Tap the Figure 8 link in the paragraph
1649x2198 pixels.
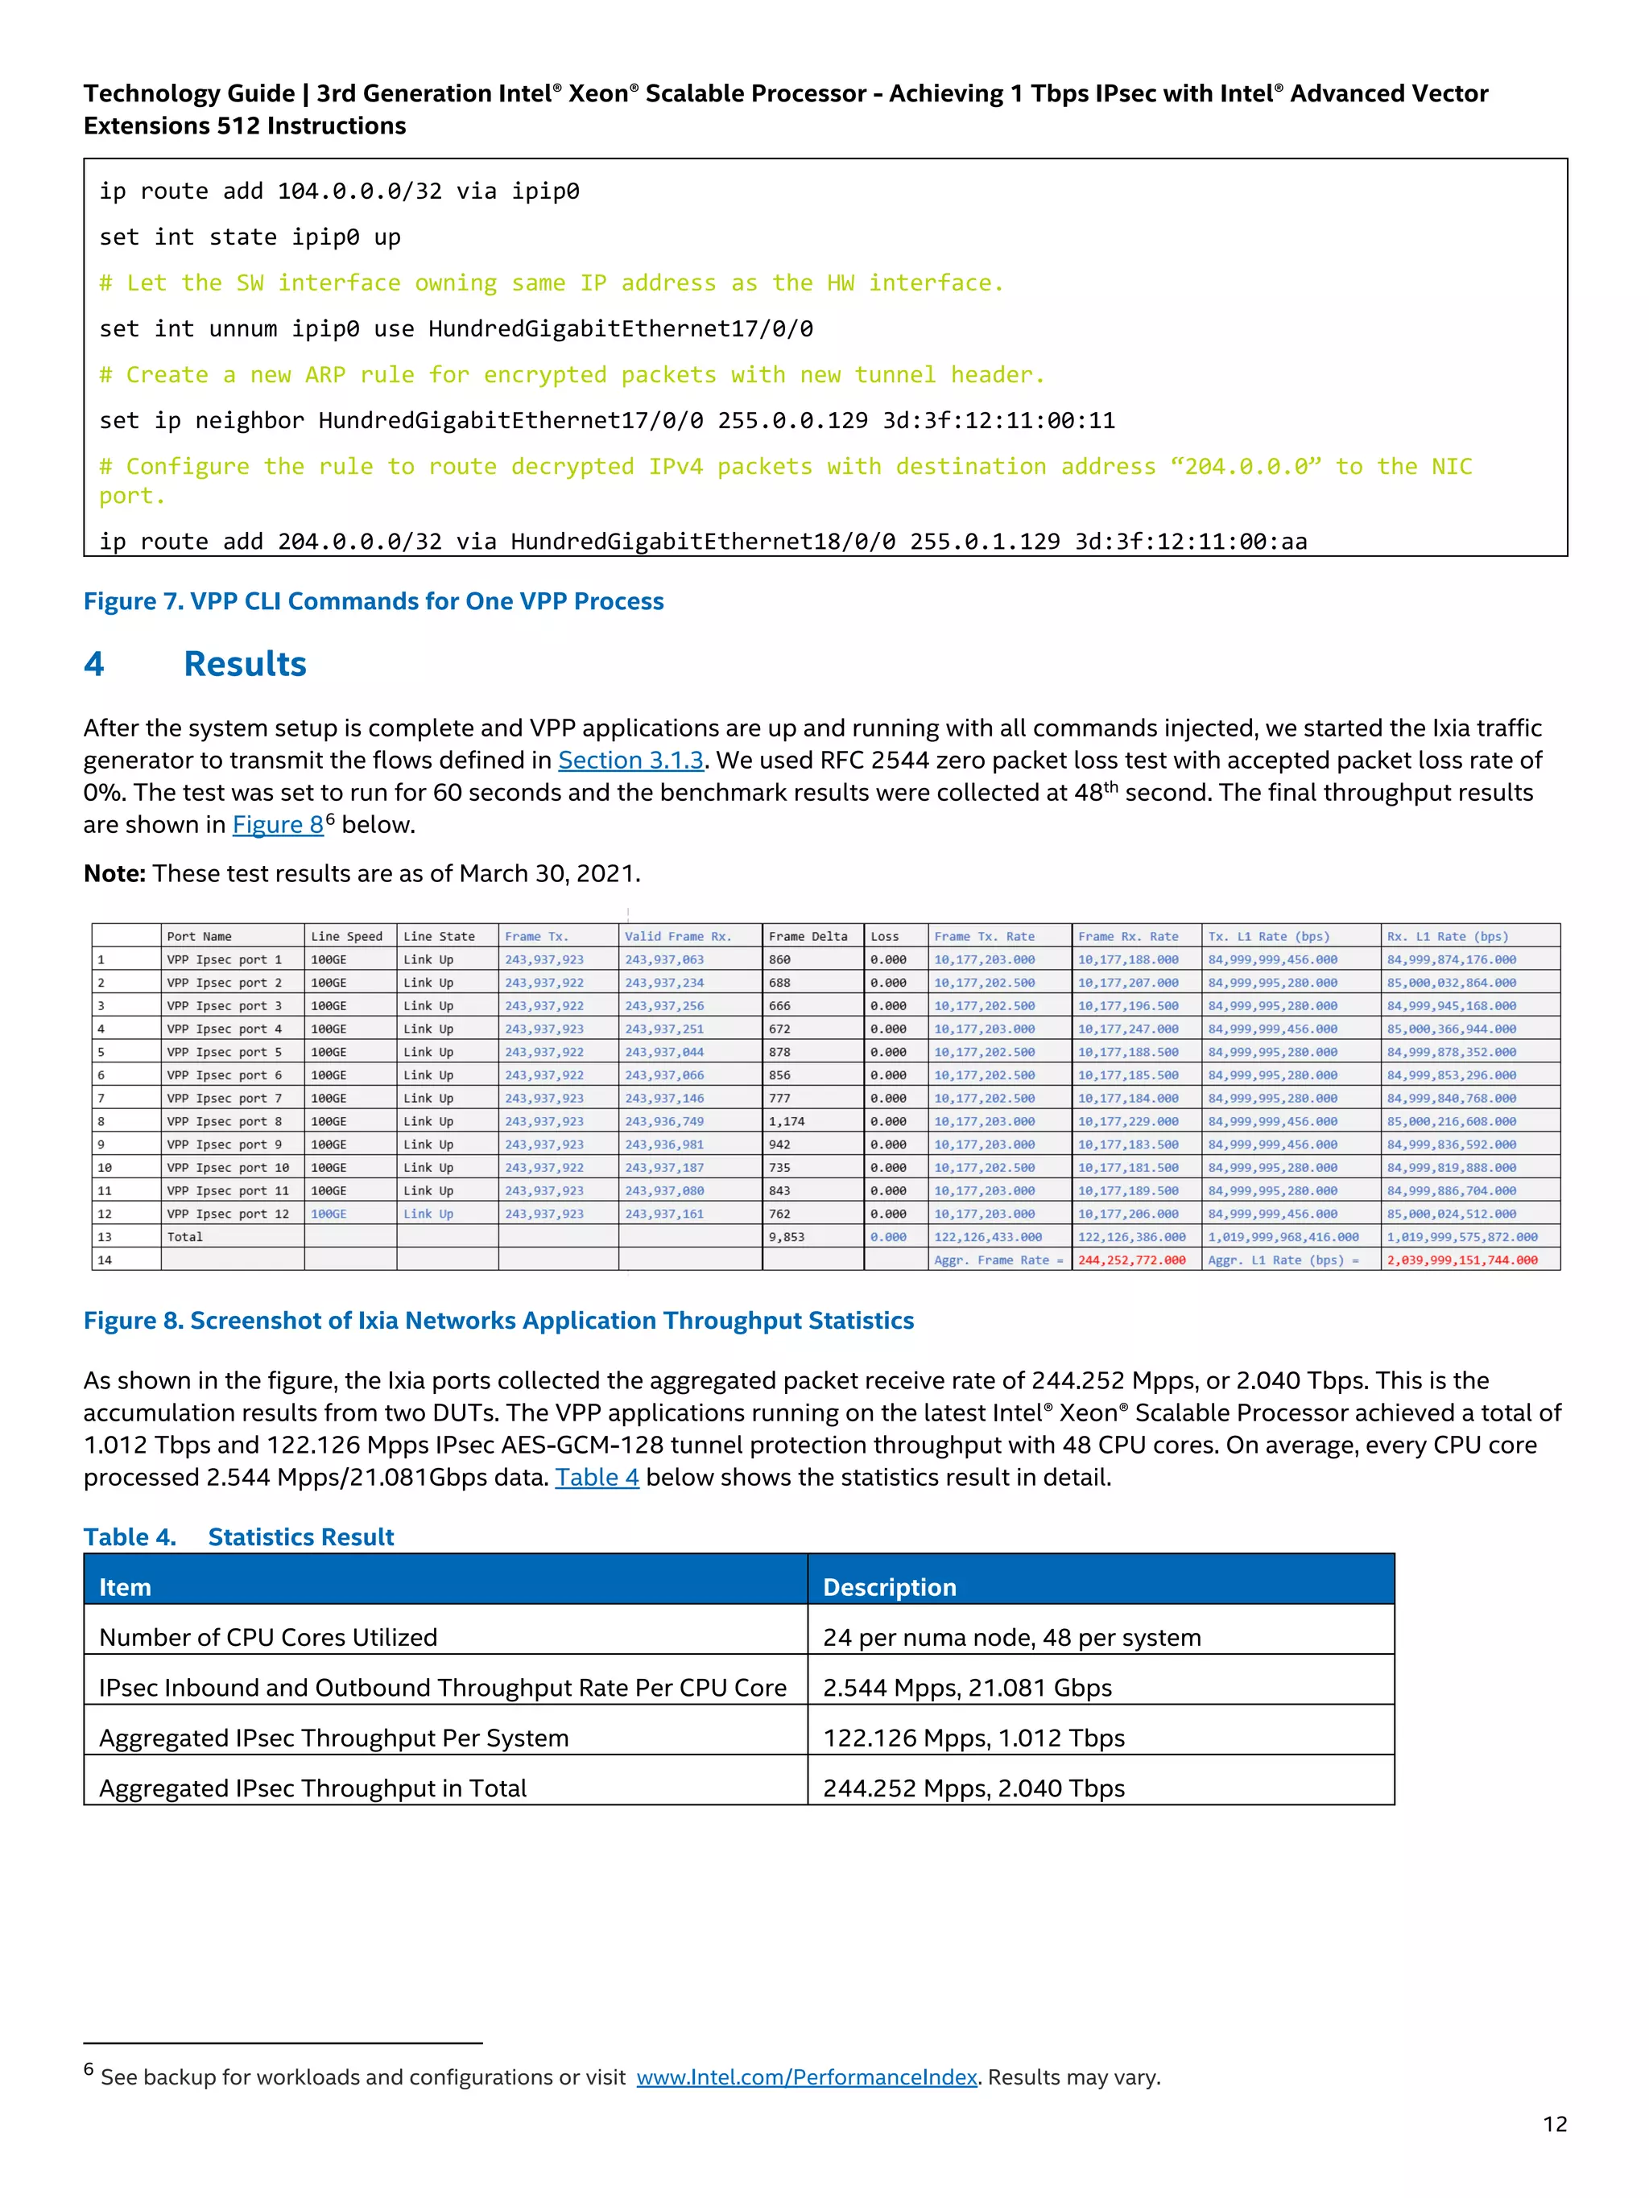[x=277, y=825]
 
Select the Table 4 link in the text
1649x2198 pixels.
[x=597, y=1478]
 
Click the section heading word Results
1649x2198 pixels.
[x=245, y=664]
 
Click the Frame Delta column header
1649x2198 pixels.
[x=807, y=936]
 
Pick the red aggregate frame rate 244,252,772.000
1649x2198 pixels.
[x=1131, y=1260]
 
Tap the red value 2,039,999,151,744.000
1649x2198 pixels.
[x=1461, y=1260]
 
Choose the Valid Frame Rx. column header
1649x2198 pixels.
[x=677, y=936]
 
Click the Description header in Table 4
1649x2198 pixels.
[x=889, y=1587]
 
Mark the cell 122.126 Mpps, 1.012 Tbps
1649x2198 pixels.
[x=973, y=1738]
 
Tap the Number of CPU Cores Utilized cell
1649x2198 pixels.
[x=267, y=1638]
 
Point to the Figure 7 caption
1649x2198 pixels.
[x=373, y=601]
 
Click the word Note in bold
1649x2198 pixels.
[x=114, y=873]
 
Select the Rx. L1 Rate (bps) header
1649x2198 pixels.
[x=1446, y=936]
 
